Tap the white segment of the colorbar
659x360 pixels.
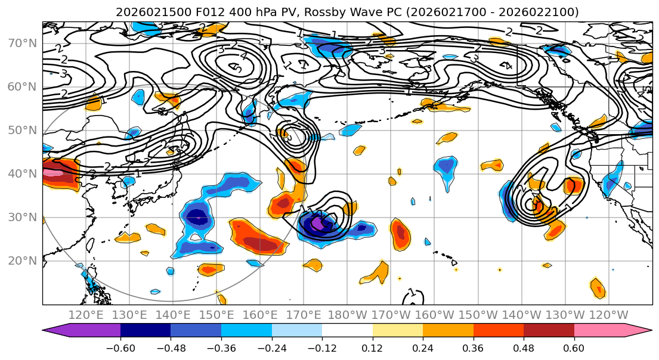pos(347,331)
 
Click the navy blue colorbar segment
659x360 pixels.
pos(146,331)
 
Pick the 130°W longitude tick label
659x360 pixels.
pos(566,315)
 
